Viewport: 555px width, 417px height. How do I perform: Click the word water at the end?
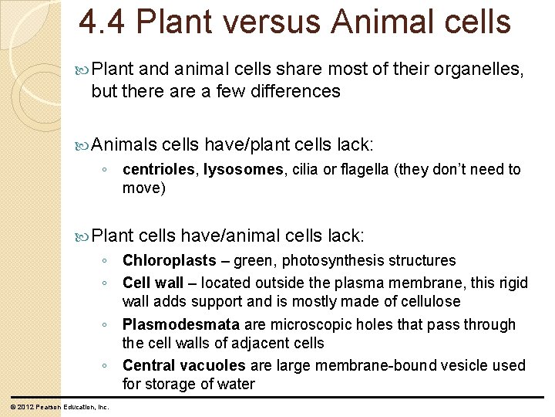[237, 384]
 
